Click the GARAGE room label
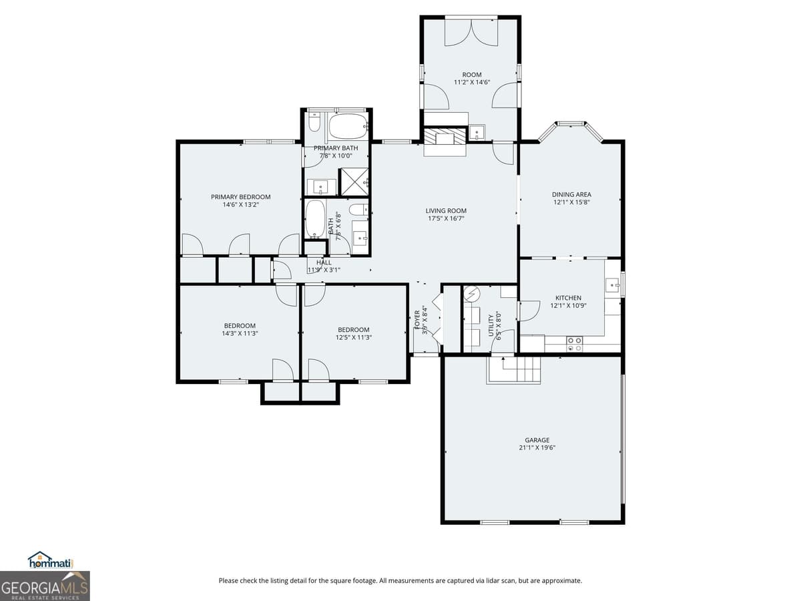[x=537, y=440]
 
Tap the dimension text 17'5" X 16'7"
[x=446, y=218]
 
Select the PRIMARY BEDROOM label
[x=240, y=197]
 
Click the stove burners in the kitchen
[x=574, y=344]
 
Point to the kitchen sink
[x=613, y=286]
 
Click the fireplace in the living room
[x=445, y=140]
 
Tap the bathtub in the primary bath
[x=348, y=126]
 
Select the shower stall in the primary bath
[x=354, y=181]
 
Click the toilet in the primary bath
[x=315, y=124]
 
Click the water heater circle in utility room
[x=473, y=294]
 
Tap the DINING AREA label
[x=571, y=194]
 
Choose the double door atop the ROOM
[x=471, y=31]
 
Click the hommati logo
[x=51, y=561]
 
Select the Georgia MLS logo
[x=45, y=586]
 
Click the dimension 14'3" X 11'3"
[x=240, y=334]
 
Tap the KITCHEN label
[x=568, y=298]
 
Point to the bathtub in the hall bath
[x=316, y=220]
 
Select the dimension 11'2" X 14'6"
[x=472, y=82]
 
